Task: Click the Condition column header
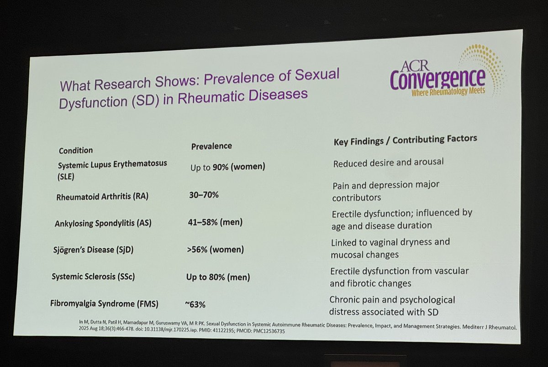tap(76, 150)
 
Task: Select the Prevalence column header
tap(211, 146)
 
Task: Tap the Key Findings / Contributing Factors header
tap(405, 140)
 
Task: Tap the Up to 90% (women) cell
tap(227, 167)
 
